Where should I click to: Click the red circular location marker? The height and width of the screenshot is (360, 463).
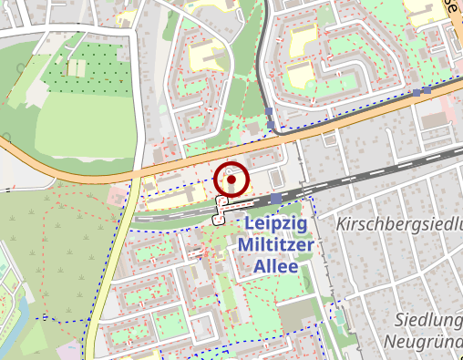point(231,180)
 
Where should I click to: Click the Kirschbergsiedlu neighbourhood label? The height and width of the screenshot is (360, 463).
point(399,224)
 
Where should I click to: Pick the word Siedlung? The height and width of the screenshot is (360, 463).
point(428,319)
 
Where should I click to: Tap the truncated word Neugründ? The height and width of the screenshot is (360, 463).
point(424,343)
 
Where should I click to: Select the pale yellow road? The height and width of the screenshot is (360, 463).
point(114,255)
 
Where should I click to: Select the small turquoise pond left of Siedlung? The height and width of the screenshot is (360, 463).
point(339,318)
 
